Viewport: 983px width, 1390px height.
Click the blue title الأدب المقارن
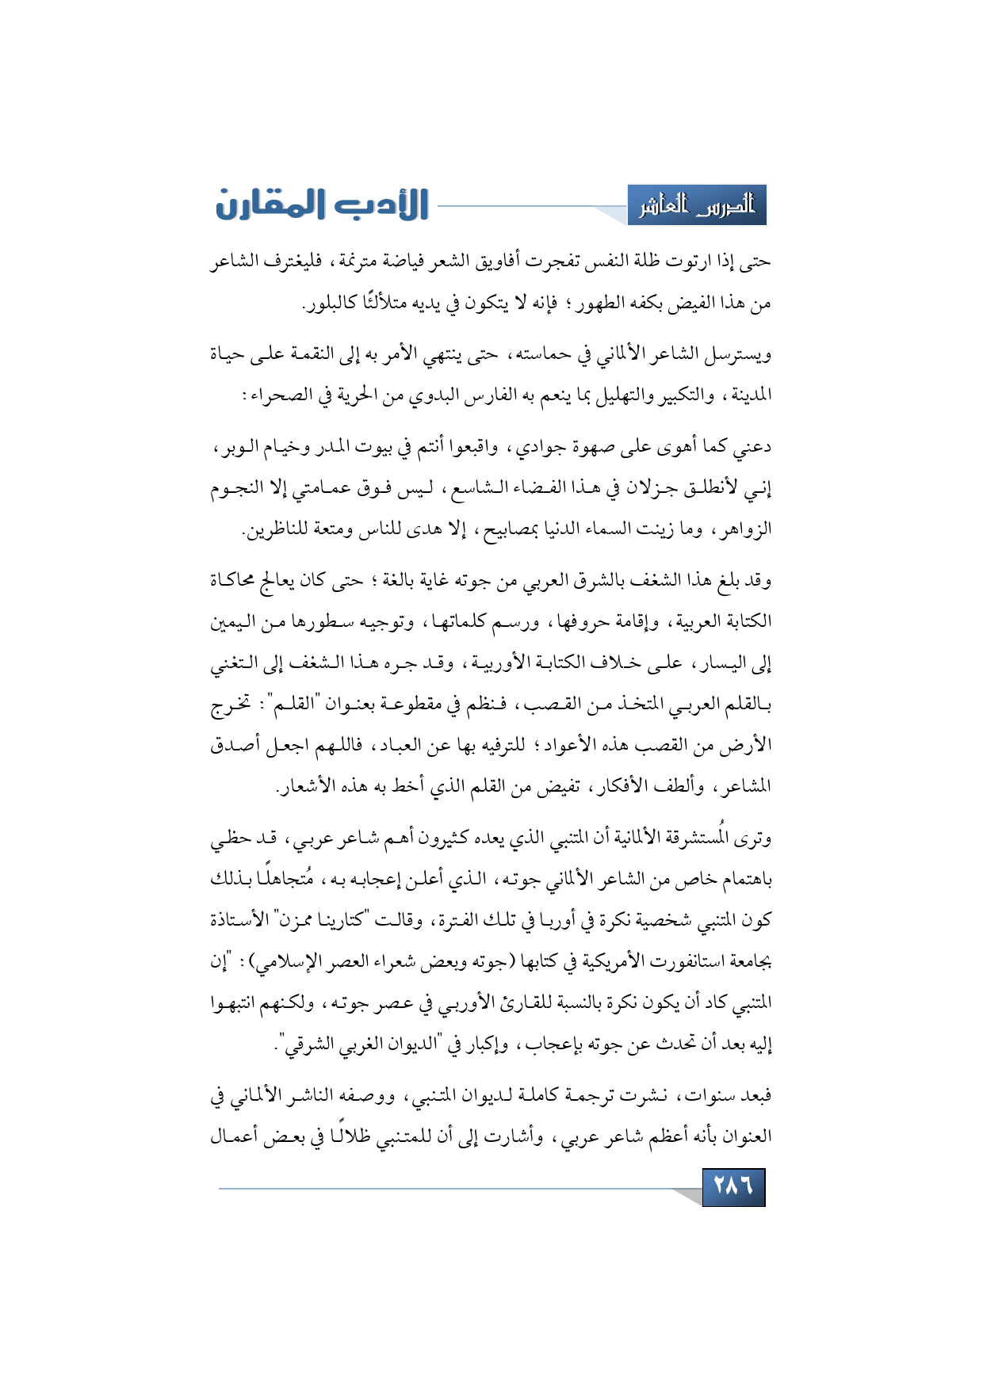click(x=322, y=204)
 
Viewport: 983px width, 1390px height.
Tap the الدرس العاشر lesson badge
click(x=697, y=206)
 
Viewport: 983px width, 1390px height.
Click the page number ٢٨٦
click(x=733, y=1186)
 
